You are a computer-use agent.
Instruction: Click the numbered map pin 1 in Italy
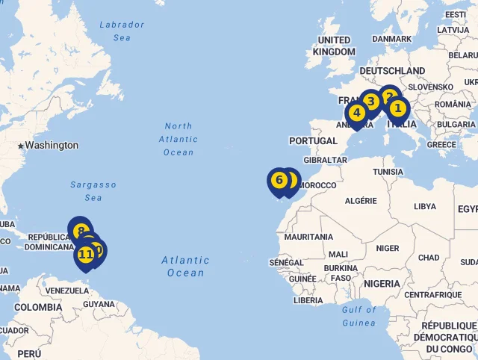tap(397, 109)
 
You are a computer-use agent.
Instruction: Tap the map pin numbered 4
tap(356, 113)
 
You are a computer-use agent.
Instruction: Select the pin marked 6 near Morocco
tap(370, 101)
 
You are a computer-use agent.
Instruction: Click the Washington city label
tap(52, 145)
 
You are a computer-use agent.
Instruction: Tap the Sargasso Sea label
tap(93, 190)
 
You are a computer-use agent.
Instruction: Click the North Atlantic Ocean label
tap(179, 139)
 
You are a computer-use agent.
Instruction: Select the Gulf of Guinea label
tap(358, 316)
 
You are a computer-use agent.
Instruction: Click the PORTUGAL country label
tap(314, 140)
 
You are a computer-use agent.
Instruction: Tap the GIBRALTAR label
tap(326, 160)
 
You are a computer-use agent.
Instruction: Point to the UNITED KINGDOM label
tap(334, 46)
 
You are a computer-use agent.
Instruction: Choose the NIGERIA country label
tap(382, 284)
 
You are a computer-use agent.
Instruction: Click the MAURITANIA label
tap(308, 237)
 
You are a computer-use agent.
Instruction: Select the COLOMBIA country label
tap(38, 307)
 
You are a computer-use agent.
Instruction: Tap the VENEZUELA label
tap(68, 291)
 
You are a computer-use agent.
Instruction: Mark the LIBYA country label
tap(425, 206)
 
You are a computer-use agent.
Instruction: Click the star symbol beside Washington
tap(20, 146)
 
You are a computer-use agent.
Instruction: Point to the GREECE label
tap(441, 145)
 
